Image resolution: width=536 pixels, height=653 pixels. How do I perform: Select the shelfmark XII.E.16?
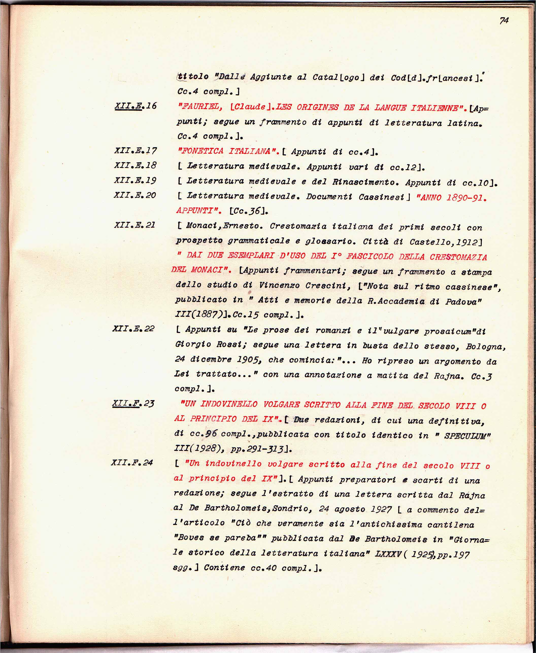pos(136,106)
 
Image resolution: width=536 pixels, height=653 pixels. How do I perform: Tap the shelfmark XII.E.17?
pos(135,151)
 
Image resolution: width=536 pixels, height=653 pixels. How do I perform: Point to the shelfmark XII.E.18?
pos(135,165)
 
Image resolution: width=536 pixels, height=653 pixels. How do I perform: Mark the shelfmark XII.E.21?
pos(135,225)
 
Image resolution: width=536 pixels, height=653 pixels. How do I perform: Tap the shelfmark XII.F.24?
pos(132,462)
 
